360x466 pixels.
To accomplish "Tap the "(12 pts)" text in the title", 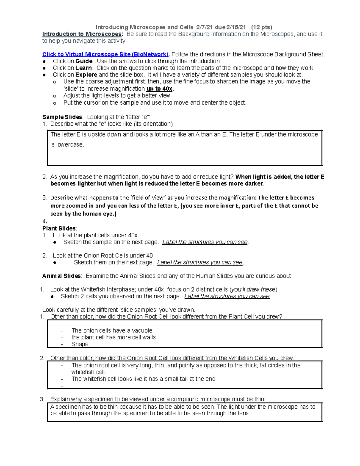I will click(262, 27).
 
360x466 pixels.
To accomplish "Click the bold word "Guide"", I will click(84, 61).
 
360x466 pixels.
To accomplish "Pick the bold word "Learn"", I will click(84, 68).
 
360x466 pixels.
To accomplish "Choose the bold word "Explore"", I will click(86, 75).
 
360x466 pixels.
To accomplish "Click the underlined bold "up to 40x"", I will click(159, 89).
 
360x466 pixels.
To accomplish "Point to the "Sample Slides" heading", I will click(62, 117).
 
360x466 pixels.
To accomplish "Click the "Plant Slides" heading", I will click(59, 229).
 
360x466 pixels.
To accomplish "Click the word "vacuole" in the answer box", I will click(142, 331).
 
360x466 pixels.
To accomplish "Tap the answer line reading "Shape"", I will click(80, 344).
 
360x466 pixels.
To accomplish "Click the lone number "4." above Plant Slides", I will click(45, 222).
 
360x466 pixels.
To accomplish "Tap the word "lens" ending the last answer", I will click(243, 413).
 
